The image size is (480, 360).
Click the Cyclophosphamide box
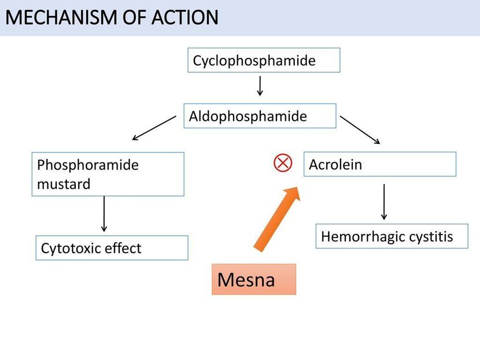tap(264, 60)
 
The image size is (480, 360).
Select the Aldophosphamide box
tap(260, 116)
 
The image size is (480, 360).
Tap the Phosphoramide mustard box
tap(108, 174)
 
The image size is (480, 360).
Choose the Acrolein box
tap(379, 164)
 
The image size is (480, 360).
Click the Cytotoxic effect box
tap(112, 248)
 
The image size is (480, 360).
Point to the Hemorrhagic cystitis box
tap(392, 236)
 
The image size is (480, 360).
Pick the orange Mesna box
tap(254, 279)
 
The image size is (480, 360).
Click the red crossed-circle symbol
tap(283, 162)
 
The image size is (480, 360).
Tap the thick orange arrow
tap(277, 219)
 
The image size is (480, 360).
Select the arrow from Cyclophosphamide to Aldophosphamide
tap(260, 86)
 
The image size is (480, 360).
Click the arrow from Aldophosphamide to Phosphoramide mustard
tap(154, 128)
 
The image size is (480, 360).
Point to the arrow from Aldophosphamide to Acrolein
tap(360, 129)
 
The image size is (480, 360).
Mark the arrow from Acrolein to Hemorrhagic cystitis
tap(384, 202)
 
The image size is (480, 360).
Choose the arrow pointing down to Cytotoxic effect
tap(104, 214)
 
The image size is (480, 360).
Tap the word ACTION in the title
tap(185, 17)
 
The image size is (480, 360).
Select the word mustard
tap(64, 184)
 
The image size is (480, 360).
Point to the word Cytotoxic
tap(71, 248)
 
